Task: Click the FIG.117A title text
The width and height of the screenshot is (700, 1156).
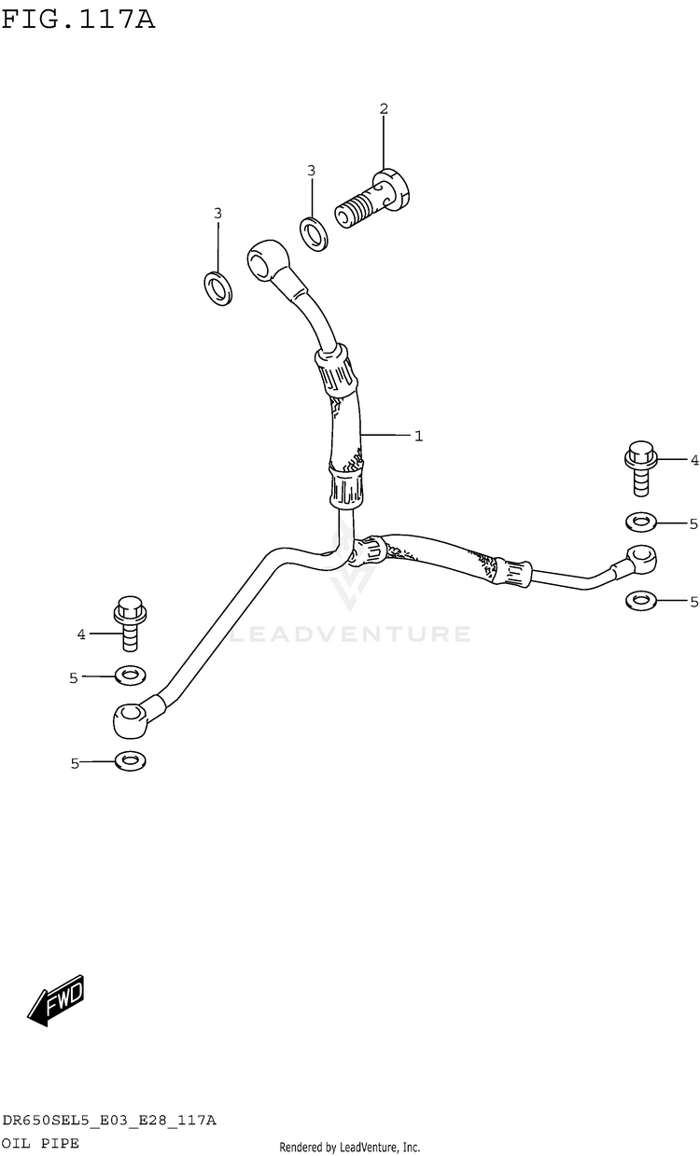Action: [x=78, y=18]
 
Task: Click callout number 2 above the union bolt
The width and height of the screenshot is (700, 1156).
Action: [x=384, y=109]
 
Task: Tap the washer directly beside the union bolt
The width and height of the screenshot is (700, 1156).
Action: [x=314, y=232]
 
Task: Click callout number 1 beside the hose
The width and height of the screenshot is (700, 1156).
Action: [x=419, y=436]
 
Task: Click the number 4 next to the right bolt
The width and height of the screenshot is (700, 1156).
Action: [x=693, y=460]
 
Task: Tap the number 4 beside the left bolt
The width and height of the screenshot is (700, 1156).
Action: [x=81, y=634]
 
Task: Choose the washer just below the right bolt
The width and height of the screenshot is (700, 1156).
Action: [x=641, y=522]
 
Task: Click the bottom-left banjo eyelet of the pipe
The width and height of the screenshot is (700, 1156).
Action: [x=128, y=718]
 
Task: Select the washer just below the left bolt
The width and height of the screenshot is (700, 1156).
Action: [x=130, y=675]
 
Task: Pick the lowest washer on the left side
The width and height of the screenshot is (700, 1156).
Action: [x=130, y=760]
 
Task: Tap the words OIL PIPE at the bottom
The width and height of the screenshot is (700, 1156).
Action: [x=40, y=1142]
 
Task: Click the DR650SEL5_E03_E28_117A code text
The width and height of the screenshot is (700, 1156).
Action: [x=109, y=1121]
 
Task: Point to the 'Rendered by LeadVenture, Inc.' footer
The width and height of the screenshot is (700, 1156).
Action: [x=350, y=1147]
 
